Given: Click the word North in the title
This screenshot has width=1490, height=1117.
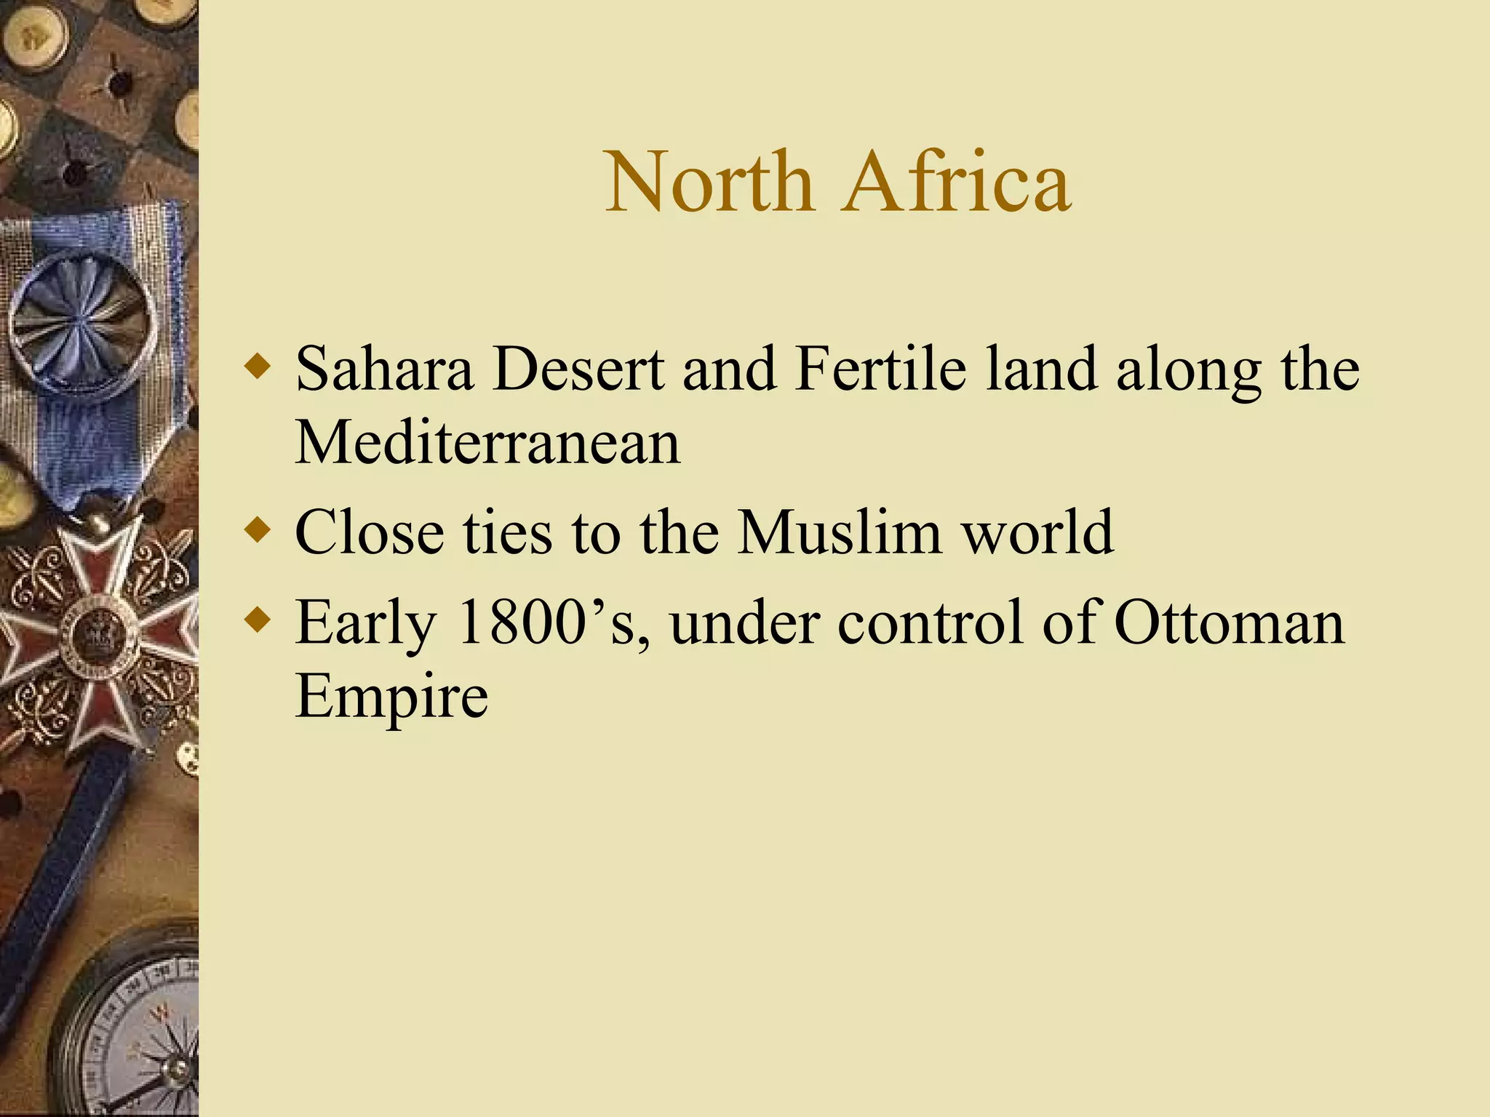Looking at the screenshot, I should tap(709, 182).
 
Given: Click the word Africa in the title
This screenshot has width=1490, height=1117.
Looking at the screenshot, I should tap(956, 182).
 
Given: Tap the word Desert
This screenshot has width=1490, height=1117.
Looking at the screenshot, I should tap(578, 369).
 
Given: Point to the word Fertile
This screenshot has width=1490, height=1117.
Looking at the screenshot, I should tap(880, 369).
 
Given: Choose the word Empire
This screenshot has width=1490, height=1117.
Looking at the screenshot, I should tap(391, 697).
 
